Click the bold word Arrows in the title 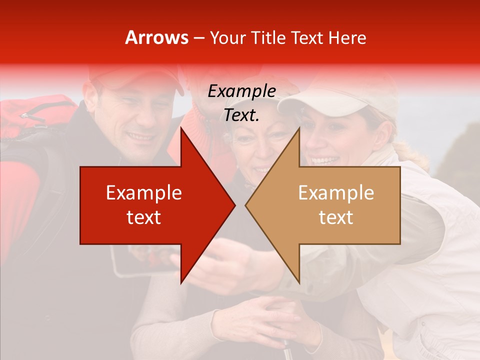coord(156,37)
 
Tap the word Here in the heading coord(347,37)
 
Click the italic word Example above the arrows coord(241,91)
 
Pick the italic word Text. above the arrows coord(241,115)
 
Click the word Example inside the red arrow coord(143,193)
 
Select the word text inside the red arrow coord(143,217)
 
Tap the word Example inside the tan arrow coord(336,193)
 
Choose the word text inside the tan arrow coord(336,217)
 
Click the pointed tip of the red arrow coord(234,205)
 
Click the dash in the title coord(198,38)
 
